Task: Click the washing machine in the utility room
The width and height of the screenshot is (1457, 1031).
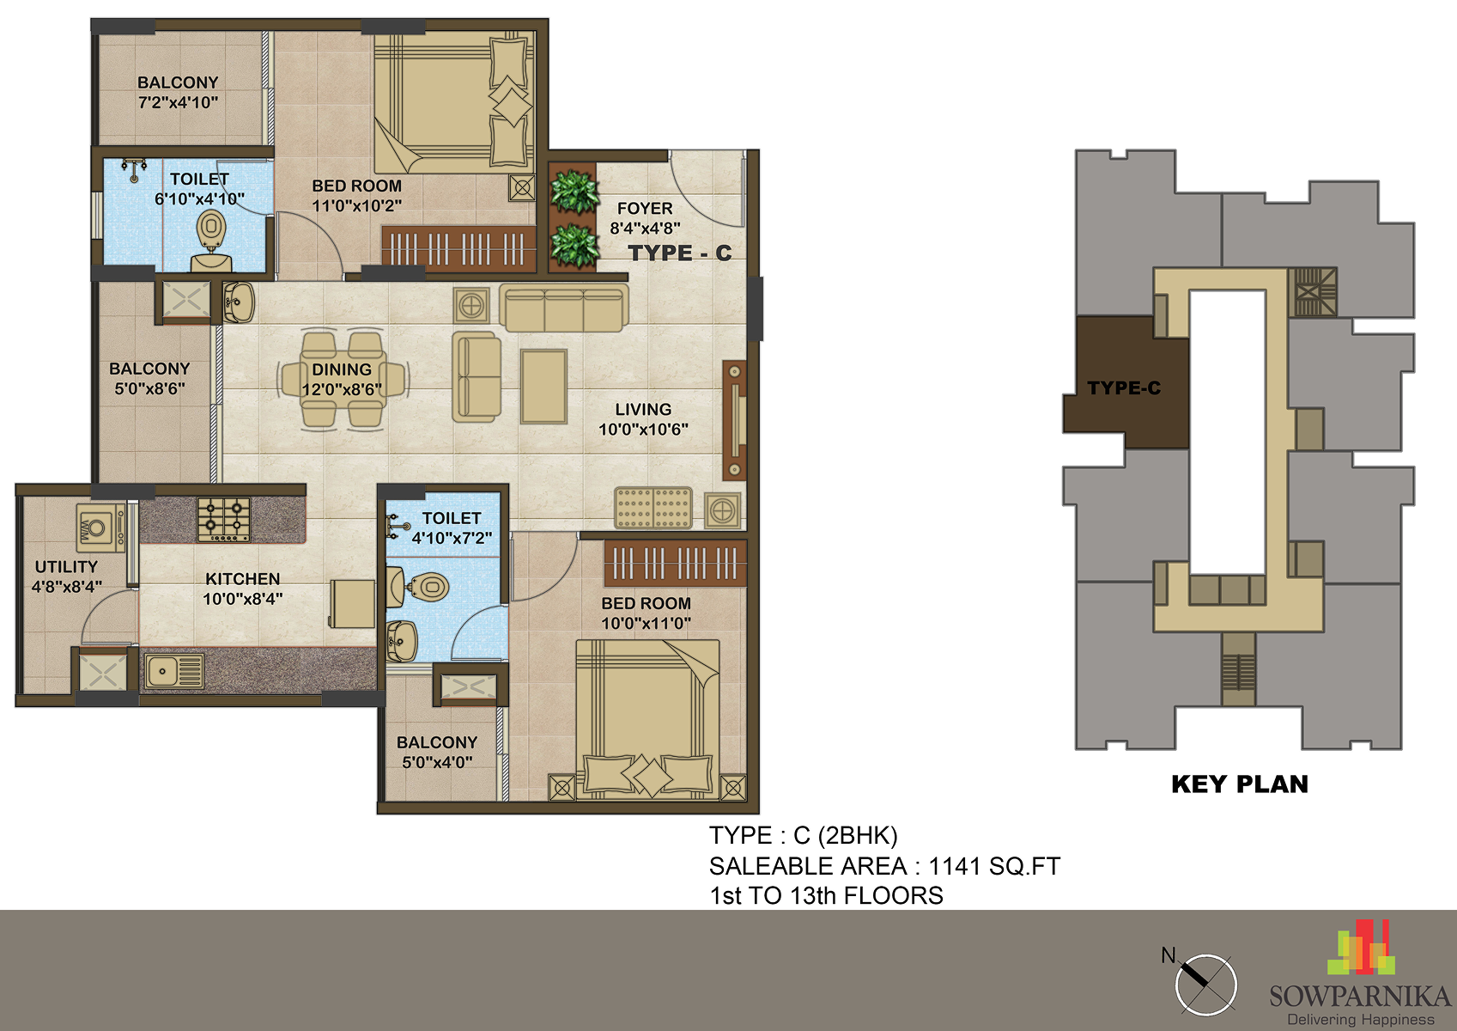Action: pyautogui.click(x=100, y=528)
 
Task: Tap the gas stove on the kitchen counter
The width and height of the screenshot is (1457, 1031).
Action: pyautogui.click(x=224, y=520)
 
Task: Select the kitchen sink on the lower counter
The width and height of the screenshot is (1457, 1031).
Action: pyautogui.click(x=174, y=671)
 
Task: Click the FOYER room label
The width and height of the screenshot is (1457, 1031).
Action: pyautogui.click(x=645, y=208)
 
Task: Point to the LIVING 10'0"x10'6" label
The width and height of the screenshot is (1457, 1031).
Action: pyautogui.click(x=643, y=419)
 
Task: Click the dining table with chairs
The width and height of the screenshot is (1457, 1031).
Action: pyautogui.click(x=343, y=380)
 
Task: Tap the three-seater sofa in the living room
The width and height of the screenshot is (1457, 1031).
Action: pyautogui.click(x=563, y=308)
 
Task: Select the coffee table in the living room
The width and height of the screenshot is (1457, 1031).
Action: pyautogui.click(x=543, y=387)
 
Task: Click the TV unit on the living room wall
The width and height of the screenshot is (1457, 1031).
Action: pyautogui.click(x=734, y=420)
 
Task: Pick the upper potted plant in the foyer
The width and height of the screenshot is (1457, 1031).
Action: pyautogui.click(x=574, y=192)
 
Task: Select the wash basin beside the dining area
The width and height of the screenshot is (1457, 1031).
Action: pyautogui.click(x=239, y=302)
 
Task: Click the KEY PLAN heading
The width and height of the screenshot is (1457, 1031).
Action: pyautogui.click(x=1239, y=784)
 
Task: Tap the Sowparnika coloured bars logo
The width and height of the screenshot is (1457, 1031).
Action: pyautogui.click(x=1362, y=947)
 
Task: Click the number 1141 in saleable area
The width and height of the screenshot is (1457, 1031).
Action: pyautogui.click(x=955, y=866)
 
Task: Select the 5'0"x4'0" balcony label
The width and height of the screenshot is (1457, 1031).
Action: pyautogui.click(x=437, y=753)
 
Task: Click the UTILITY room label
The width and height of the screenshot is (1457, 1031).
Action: pyautogui.click(x=66, y=567)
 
